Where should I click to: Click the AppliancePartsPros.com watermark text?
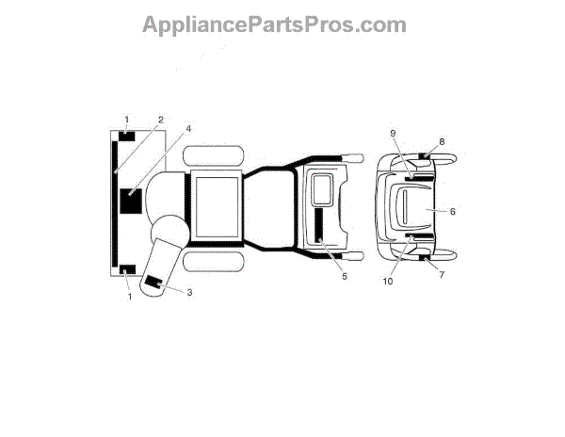click(x=274, y=24)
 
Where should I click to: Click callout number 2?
click(x=161, y=120)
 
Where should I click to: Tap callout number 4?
click(x=188, y=128)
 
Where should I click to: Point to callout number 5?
click(x=344, y=276)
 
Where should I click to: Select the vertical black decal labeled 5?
click(x=319, y=227)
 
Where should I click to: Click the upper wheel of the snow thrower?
click(x=213, y=155)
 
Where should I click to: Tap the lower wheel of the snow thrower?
click(x=213, y=261)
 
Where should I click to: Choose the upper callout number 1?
click(x=127, y=119)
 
